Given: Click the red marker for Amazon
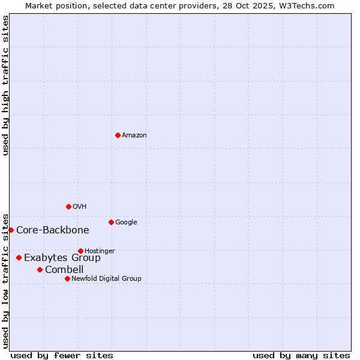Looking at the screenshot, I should (x=118, y=135).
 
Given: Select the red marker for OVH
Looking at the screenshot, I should (x=68, y=206).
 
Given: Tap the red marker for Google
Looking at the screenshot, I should (x=111, y=222).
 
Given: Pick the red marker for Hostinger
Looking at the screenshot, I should (x=80, y=251).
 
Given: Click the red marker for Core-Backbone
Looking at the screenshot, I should (x=11, y=230).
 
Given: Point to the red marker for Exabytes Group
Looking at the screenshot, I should (x=19, y=257).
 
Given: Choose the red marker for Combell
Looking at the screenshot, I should (x=40, y=269).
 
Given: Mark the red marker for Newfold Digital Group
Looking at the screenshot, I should (x=67, y=278).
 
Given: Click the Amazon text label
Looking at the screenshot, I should (x=134, y=136).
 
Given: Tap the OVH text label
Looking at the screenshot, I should (x=80, y=207).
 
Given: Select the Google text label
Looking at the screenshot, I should (x=126, y=223).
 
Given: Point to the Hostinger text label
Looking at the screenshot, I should (x=100, y=251).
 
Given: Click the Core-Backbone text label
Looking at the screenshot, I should (x=53, y=230).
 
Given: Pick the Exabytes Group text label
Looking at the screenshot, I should (x=62, y=258).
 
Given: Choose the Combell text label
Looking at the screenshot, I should (x=64, y=270).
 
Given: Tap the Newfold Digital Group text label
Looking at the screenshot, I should (x=106, y=279).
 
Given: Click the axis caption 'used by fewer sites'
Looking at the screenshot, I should (x=62, y=355).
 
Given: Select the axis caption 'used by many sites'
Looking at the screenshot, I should (x=301, y=355).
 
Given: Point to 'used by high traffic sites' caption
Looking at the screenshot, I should (x=6, y=85).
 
